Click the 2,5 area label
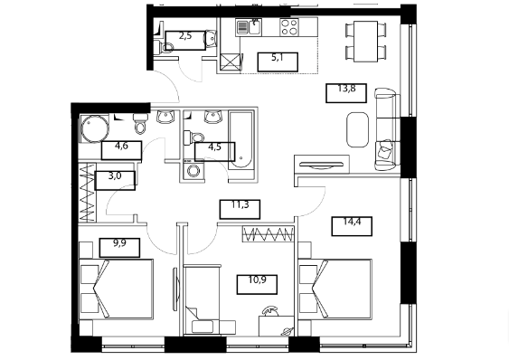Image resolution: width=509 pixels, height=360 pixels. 185,36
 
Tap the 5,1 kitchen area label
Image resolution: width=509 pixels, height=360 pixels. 278,58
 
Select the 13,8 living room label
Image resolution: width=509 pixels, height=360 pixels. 346,89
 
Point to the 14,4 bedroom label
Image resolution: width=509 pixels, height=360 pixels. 352,222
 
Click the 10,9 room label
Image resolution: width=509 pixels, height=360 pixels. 257,279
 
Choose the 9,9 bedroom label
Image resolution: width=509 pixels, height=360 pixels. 119,243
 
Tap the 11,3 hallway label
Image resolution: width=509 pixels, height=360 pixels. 240,204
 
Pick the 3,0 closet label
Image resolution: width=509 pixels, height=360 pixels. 115,176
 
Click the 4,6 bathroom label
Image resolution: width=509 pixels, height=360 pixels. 121,147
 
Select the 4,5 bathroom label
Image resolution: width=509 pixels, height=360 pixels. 214,147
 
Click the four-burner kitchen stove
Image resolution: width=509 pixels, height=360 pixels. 289,27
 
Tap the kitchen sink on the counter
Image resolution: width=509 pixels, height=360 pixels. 254,26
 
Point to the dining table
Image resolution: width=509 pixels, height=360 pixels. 365,42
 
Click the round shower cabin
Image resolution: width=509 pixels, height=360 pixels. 94,128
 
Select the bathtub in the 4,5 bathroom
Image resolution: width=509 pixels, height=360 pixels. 241,139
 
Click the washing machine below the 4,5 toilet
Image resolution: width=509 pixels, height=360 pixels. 193,170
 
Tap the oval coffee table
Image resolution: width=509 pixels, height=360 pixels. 357,130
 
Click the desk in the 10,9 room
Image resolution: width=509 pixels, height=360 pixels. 277,326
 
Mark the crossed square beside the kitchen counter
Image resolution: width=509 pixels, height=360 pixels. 231,62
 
